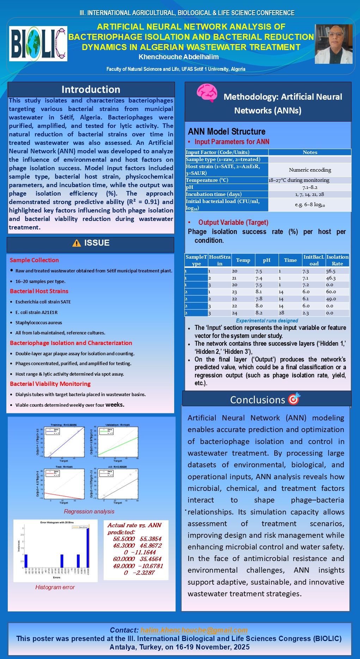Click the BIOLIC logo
pos(38,44)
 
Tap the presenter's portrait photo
pos(333,44)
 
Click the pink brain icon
pos(207,93)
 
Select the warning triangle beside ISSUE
pos(77,243)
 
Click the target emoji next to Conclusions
pos(294,399)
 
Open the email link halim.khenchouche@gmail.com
pos(194,630)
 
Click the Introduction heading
pos(91,90)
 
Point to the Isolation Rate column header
pos(337,260)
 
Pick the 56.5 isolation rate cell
pos(331,271)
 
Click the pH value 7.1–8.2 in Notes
pos(310,187)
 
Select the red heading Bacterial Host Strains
pos(39,291)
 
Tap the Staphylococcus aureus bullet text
pos(39,322)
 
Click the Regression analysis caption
pos(89,511)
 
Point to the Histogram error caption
pos(55,587)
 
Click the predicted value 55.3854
pos(151,539)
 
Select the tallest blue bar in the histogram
pos(88,548)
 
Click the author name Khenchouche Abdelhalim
pos(178,57)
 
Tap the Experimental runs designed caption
pos(267,321)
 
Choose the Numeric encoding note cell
pos(310,170)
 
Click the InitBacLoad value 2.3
pos(306,313)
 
